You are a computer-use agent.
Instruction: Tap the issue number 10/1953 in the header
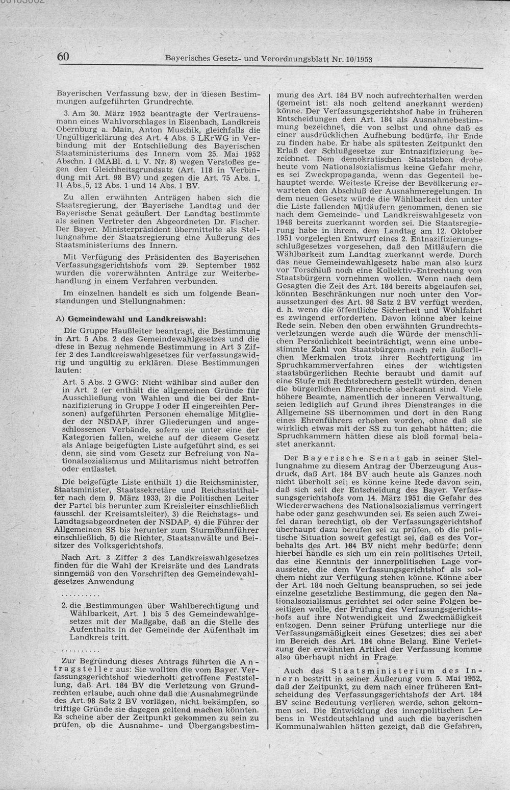(360, 59)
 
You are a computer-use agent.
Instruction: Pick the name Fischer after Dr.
(244, 223)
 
